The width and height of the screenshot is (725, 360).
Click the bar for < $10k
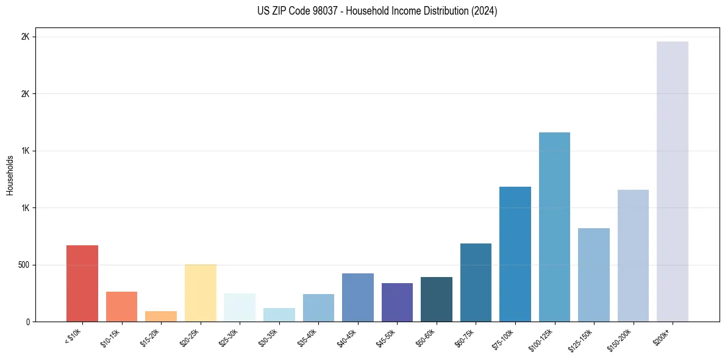pos(82,284)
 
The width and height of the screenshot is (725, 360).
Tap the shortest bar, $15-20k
pos(161,317)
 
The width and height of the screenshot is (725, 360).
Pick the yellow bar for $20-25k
pos(201,293)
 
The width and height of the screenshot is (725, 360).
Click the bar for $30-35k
pos(279,315)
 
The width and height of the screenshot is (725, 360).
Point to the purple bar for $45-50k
pos(397,303)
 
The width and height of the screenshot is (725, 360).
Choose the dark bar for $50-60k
pos(437,300)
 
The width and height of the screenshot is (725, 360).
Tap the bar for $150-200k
pos(633,256)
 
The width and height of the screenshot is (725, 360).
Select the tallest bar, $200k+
pos(673,182)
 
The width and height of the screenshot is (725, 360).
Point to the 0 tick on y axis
pos(27,322)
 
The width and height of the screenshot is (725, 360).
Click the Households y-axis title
pos(10,175)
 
